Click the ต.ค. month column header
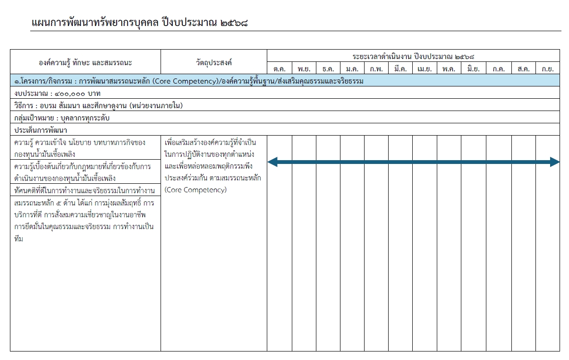point(280,69)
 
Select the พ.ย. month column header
point(304,69)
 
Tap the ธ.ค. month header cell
point(328,69)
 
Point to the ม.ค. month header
point(352,69)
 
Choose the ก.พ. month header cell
point(376,69)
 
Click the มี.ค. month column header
point(400,69)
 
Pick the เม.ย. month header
point(425,69)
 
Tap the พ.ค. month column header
point(449,69)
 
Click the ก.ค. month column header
point(499,69)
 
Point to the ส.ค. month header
point(523,69)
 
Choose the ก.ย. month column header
point(548,69)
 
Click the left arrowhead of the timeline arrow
point(272,163)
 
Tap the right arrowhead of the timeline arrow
point(555,163)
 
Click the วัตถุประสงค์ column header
point(214,62)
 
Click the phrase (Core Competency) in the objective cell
point(195,190)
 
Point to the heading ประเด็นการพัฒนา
point(41,130)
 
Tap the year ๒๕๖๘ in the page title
point(234,22)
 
